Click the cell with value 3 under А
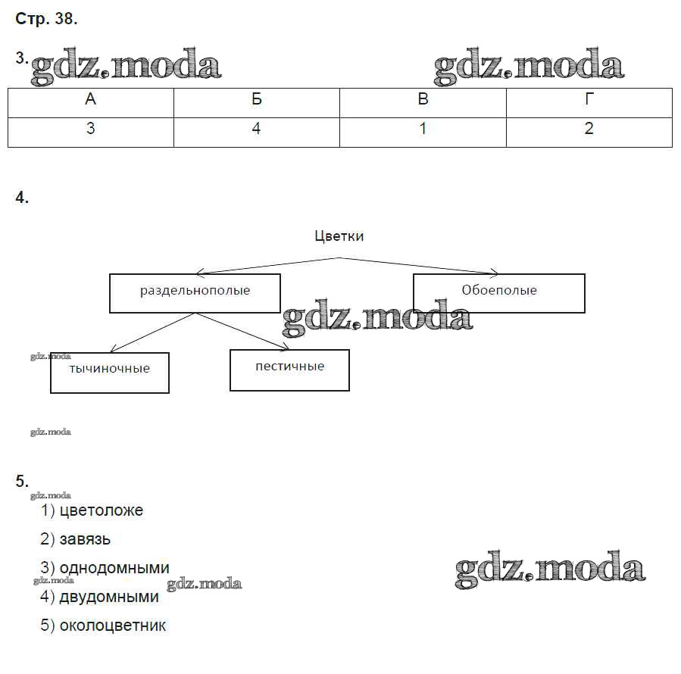coord(91,129)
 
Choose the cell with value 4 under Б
coord(257,129)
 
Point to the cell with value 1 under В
coord(423,129)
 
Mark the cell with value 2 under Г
coord(589,129)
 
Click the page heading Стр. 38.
coord(46,20)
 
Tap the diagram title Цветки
coord(339,236)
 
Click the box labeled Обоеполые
coord(498,292)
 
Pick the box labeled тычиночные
coord(110,371)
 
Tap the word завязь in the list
coord(85,540)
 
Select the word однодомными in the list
coord(114,569)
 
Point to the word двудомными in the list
coord(109,598)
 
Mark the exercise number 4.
coord(21,198)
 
